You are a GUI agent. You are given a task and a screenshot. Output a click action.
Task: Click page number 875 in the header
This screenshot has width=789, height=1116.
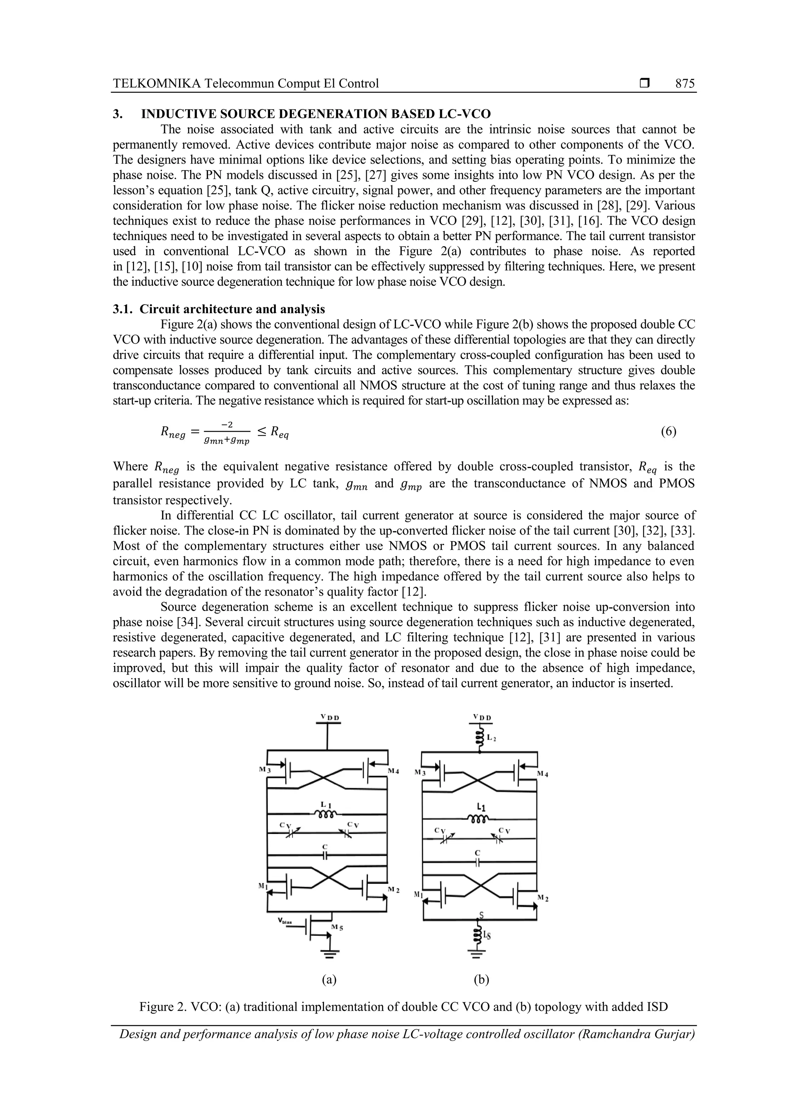(685, 84)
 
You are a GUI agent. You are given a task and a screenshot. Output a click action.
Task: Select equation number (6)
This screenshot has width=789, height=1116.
(668, 431)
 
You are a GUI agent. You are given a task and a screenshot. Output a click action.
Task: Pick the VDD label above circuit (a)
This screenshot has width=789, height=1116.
(330, 717)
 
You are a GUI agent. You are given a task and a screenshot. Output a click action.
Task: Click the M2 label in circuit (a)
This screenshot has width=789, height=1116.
(393, 889)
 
